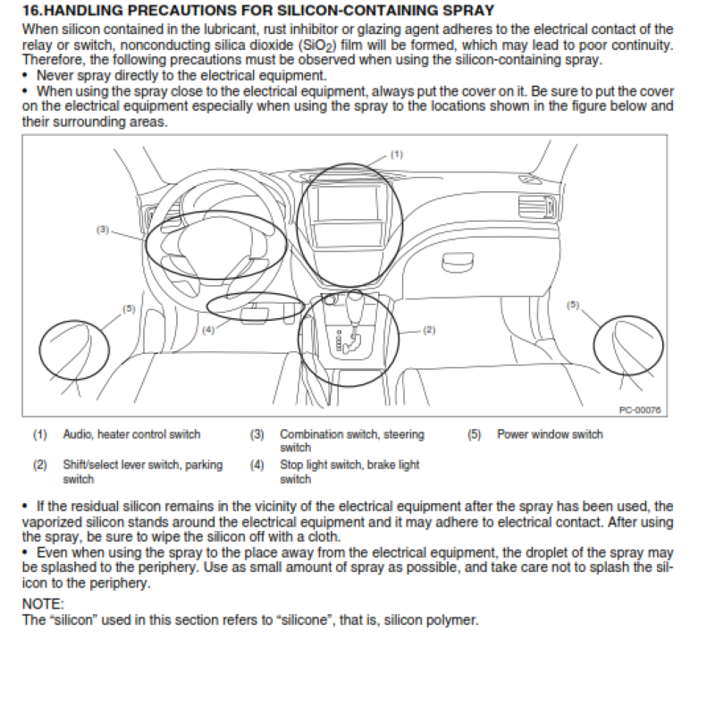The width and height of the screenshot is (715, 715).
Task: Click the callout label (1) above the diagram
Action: point(397,154)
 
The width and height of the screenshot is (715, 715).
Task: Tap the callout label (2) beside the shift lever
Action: point(428,330)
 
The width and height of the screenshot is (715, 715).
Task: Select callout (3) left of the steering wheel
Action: point(103,230)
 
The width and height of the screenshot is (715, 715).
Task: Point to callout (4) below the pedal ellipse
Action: point(207,329)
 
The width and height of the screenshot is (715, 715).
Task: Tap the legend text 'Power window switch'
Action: point(550,435)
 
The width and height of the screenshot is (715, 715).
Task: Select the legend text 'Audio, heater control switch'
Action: point(131,435)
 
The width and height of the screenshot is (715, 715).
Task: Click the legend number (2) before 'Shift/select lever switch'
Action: point(40,465)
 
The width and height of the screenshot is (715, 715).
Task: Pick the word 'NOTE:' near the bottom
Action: point(43,605)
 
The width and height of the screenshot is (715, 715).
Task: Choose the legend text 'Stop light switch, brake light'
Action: point(349,465)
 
